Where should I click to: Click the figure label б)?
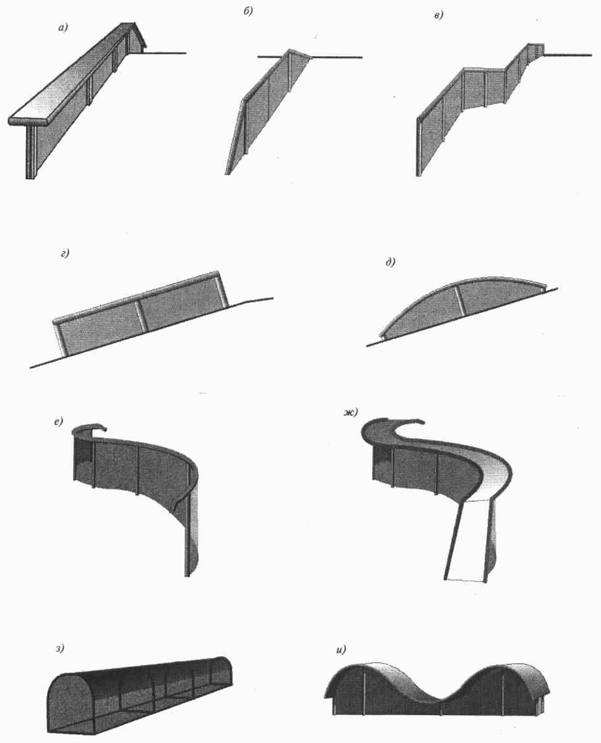pyautogui.click(x=248, y=12)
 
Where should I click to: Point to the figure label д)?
pyautogui.click(x=390, y=261)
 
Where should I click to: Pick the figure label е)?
pyautogui.click(x=58, y=421)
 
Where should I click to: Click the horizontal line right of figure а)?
pyautogui.click(x=165, y=53)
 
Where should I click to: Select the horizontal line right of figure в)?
pyautogui.click(x=568, y=55)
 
